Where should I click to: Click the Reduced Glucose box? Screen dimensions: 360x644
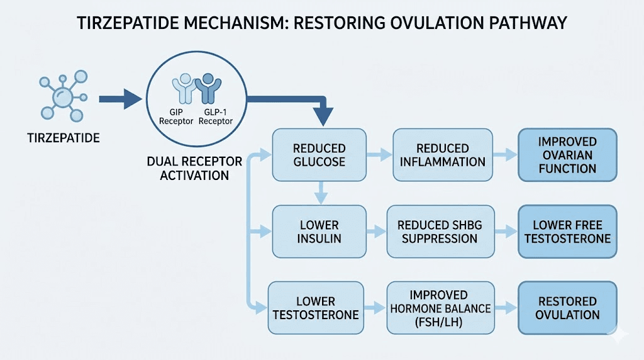click(x=319, y=155)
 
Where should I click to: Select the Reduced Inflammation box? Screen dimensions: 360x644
click(x=442, y=155)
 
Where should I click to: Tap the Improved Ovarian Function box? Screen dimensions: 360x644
click(x=567, y=155)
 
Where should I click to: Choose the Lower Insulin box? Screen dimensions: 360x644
click(x=319, y=231)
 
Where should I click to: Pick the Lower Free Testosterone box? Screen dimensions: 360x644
click(x=567, y=231)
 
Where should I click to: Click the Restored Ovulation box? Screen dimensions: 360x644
click(x=567, y=308)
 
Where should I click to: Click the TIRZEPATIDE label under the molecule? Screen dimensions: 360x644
click(x=63, y=137)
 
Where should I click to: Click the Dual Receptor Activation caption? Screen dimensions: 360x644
click(x=194, y=168)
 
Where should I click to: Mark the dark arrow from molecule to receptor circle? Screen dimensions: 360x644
click(x=119, y=99)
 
